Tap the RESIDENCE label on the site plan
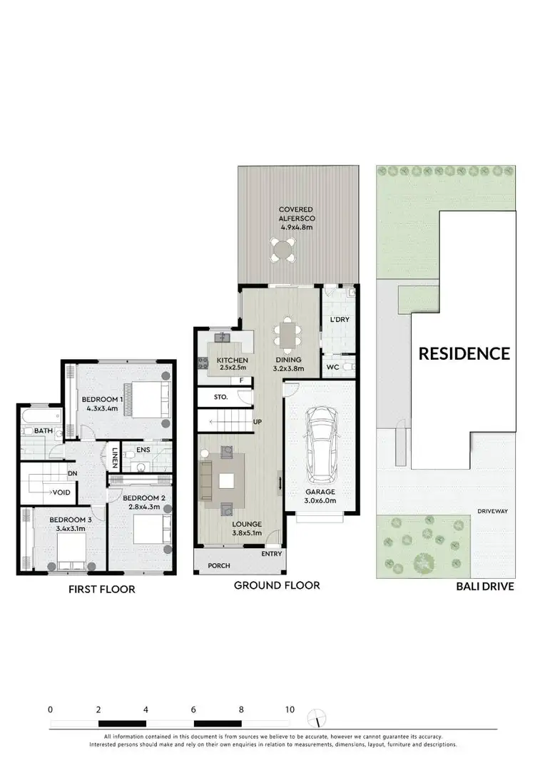[464, 353]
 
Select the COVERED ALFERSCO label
[295, 218]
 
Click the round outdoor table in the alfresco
[282, 250]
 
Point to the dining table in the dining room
[288, 333]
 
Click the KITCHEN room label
[233, 360]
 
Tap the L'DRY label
[340, 319]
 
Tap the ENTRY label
[271, 554]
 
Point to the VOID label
[60, 492]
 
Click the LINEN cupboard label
[114, 457]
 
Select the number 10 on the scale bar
[290, 710]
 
